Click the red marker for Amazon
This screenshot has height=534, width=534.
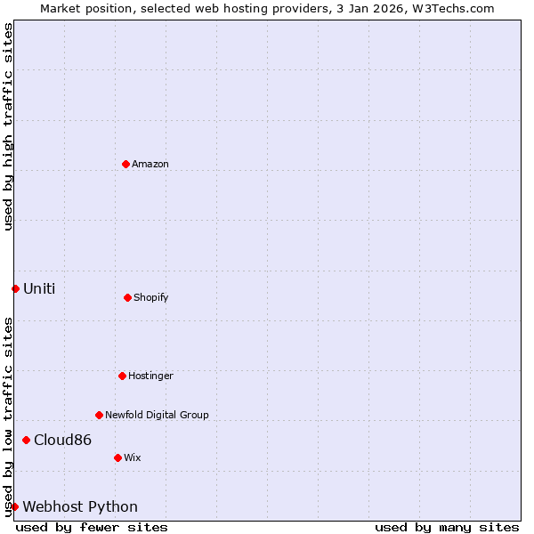(x=125, y=164)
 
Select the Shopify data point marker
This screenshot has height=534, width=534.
(x=127, y=297)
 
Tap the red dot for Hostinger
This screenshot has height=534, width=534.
(x=122, y=376)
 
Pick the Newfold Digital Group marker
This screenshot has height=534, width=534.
(x=99, y=415)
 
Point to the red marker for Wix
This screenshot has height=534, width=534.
(x=117, y=457)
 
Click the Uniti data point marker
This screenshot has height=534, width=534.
(x=15, y=288)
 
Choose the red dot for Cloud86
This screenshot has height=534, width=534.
(x=26, y=440)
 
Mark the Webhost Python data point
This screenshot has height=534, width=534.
(x=14, y=506)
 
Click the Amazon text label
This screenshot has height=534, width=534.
(x=150, y=164)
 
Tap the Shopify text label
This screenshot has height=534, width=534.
(x=151, y=297)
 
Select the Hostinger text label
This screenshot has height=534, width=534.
(x=150, y=376)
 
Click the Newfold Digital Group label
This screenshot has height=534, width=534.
(x=157, y=415)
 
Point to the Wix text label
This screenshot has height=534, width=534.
(x=132, y=457)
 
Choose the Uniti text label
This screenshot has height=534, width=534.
(x=39, y=288)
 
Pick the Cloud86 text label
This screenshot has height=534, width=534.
(x=62, y=440)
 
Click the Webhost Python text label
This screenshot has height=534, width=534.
(x=80, y=506)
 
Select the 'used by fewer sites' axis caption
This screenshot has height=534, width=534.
(x=92, y=527)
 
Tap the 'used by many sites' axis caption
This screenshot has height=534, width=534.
(x=447, y=527)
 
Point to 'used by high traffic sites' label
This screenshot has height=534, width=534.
(x=8, y=126)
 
